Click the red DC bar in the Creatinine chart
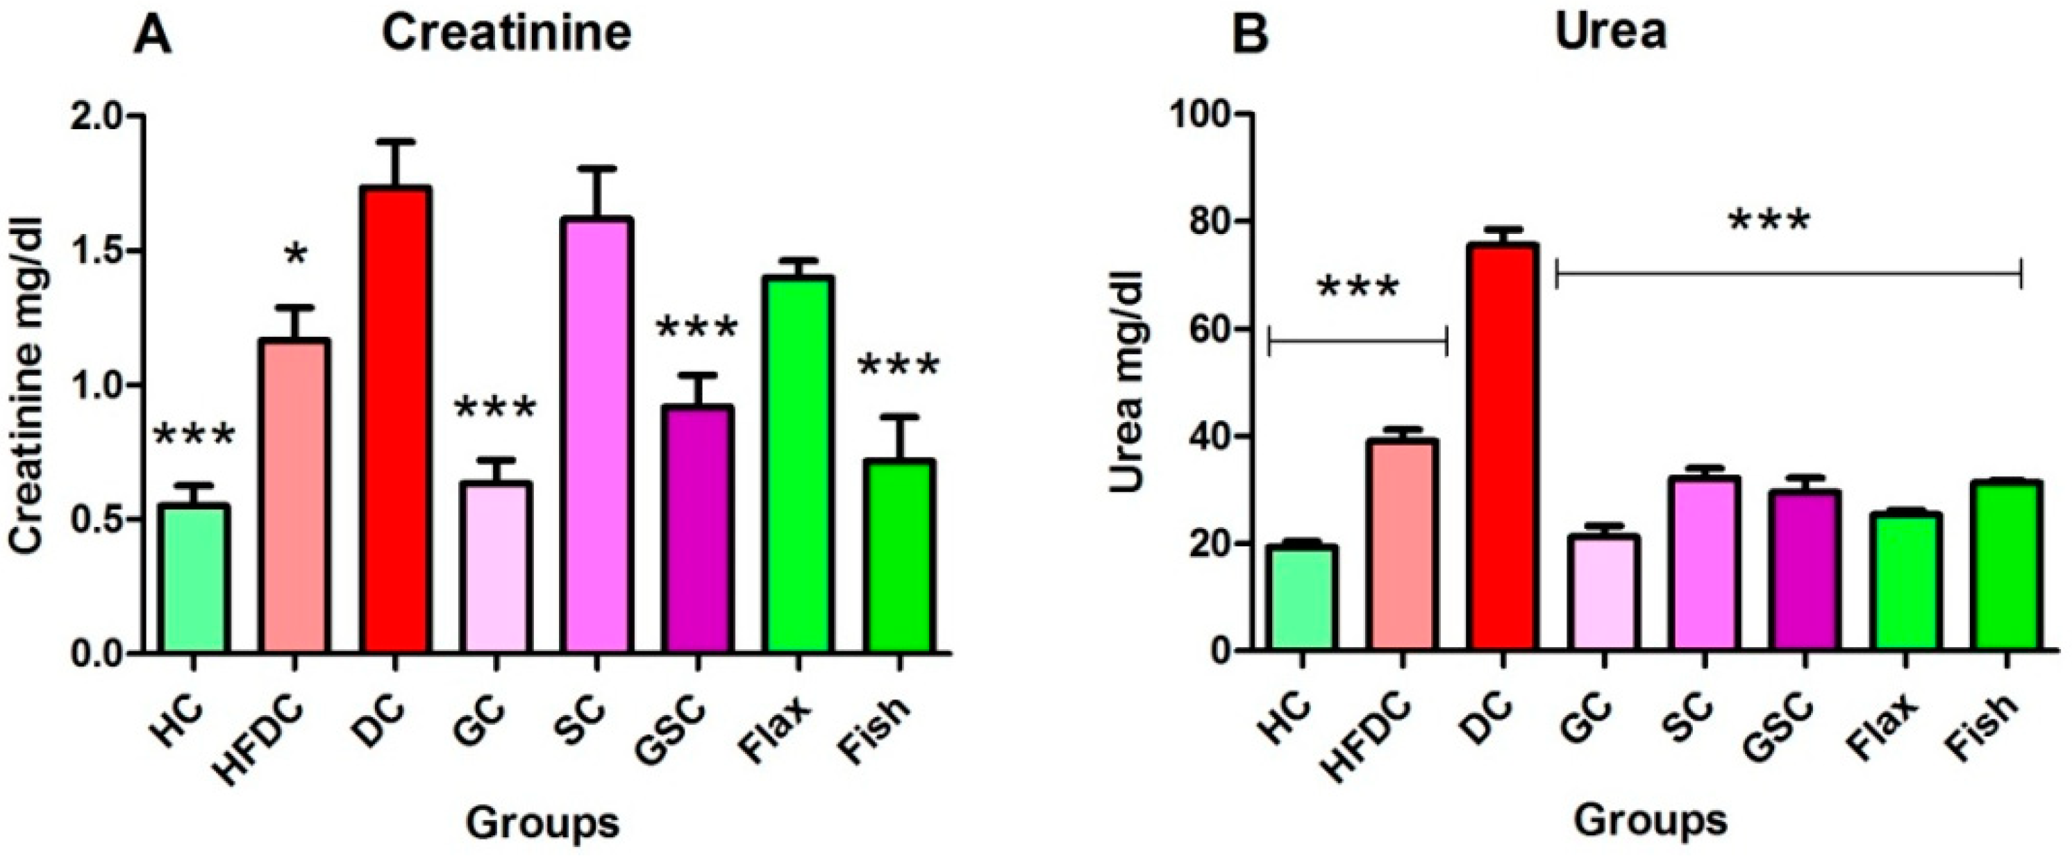[x=394, y=419]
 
